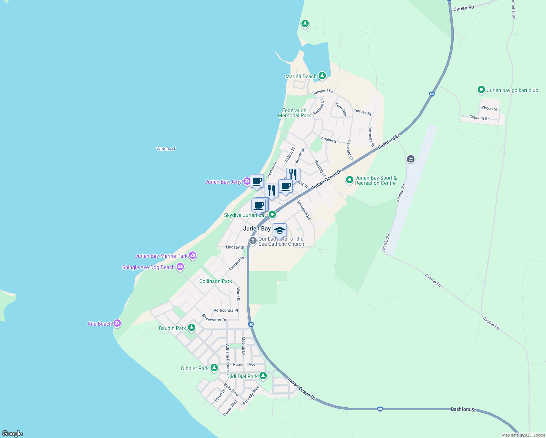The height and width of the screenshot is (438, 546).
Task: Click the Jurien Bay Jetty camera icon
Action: pos(247,181)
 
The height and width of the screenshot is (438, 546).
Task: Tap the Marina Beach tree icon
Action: pos(322,76)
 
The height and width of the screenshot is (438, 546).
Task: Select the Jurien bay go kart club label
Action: pos(512,90)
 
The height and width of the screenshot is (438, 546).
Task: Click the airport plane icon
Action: pos(411,159)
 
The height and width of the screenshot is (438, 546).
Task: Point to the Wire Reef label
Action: pos(166,149)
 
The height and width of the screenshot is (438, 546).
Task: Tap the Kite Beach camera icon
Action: pos(117,323)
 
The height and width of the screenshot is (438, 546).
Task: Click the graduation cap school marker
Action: pos(280,231)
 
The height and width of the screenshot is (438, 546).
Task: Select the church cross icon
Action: pos(253,241)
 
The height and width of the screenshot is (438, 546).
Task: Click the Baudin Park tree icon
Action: pos(191,327)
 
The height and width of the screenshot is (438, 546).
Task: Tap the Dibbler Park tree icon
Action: pos(214,368)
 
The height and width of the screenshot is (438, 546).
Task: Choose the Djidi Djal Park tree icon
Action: pos(263,376)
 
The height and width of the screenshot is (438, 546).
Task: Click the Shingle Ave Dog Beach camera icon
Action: pos(180,267)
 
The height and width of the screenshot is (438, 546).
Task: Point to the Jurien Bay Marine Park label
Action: pos(161,256)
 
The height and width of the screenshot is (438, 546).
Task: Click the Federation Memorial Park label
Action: pos(294,113)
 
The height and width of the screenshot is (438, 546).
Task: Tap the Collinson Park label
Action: pos(215,281)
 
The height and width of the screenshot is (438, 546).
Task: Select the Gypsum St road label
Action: pos(479,118)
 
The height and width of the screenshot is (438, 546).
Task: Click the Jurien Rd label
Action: pos(464,8)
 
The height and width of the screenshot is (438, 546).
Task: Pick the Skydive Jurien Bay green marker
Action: pos(272,215)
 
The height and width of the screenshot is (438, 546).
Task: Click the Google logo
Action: pos(12,434)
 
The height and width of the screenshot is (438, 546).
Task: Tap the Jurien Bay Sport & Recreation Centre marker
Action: pos(349,180)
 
